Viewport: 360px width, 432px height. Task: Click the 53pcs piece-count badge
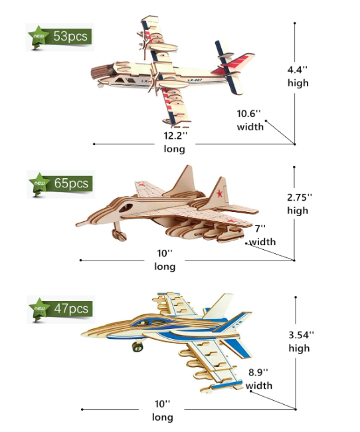click(60, 37)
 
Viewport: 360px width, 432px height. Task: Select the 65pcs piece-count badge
click(60, 183)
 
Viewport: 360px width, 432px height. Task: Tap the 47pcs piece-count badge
click(60, 309)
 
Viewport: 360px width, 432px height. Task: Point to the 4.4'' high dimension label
click(298, 76)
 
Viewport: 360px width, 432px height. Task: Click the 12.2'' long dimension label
click(175, 142)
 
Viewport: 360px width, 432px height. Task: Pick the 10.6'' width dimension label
click(250, 120)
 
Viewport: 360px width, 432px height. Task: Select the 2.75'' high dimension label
click(299, 203)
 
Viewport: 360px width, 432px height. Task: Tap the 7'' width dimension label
click(262, 235)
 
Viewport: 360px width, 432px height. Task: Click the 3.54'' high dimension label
click(300, 342)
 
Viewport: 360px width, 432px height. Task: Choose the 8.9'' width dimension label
click(258, 379)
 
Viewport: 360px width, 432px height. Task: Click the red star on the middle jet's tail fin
click(220, 193)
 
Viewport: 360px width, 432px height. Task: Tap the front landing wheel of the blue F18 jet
click(137, 346)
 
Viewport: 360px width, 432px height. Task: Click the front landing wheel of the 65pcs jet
click(120, 235)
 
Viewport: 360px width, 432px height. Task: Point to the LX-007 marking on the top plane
click(195, 80)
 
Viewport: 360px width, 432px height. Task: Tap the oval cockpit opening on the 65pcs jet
click(126, 208)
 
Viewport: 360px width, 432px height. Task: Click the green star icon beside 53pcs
click(39, 37)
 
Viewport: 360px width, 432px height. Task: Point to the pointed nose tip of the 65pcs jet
click(77, 225)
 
